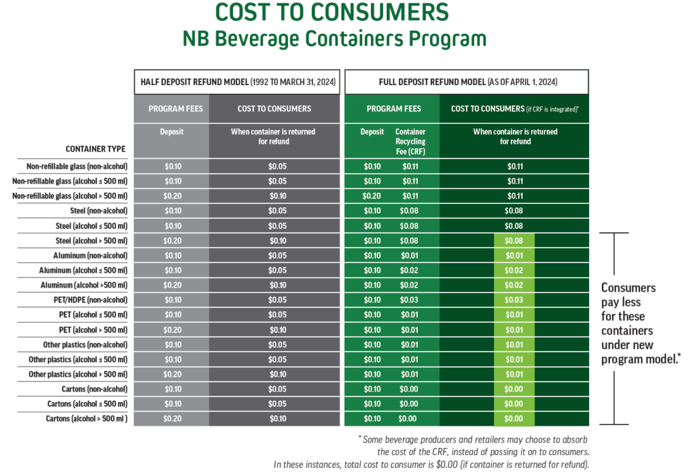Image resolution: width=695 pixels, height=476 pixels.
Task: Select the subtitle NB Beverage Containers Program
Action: [334, 39]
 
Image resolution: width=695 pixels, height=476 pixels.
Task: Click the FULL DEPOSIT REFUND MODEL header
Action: [466, 82]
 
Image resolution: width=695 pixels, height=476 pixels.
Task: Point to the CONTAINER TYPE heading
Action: [95, 149]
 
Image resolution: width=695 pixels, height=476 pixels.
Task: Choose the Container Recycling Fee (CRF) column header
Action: [410, 141]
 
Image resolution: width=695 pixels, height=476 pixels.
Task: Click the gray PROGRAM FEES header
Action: [175, 109]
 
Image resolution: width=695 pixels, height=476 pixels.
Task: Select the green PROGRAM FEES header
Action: [394, 109]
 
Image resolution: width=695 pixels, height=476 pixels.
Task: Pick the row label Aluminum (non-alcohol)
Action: [90, 255]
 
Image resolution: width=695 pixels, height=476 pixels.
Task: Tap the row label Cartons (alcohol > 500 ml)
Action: [87, 418]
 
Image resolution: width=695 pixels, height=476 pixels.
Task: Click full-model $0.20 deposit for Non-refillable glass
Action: [372, 196]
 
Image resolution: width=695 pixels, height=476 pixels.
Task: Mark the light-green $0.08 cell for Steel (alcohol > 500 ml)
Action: [514, 241]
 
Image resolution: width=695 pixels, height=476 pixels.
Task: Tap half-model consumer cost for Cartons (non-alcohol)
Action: [278, 389]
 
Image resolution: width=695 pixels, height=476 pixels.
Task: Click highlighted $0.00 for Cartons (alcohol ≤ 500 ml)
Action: [514, 404]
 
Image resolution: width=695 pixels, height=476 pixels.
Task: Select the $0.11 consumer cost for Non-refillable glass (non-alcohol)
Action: [514, 166]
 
